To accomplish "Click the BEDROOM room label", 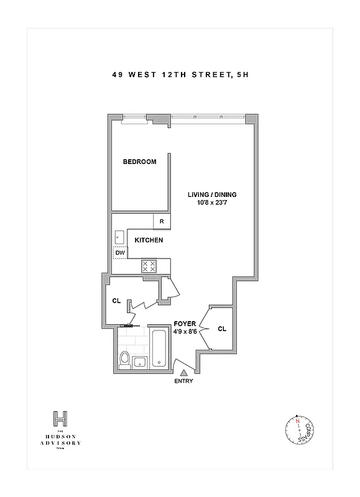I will [139, 162].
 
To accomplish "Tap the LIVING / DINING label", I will [212, 194].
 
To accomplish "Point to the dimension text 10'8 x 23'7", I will [212, 203].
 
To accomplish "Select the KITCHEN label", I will [150, 240].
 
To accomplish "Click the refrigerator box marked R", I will [162, 222].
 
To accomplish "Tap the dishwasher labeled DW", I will [120, 253].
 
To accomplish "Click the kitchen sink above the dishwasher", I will [119, 237].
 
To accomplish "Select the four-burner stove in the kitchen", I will [149, 266].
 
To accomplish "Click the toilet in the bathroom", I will [124, 360].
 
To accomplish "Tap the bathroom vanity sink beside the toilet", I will [139, 363].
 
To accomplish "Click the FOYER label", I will [185, 324].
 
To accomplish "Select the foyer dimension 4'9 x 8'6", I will [185, 332].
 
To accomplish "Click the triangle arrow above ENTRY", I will [183, 373].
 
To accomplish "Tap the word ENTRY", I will [183, 381].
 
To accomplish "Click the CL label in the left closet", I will [116, 301].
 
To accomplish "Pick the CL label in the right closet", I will [222, 330].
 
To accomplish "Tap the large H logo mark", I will [60, 418].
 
